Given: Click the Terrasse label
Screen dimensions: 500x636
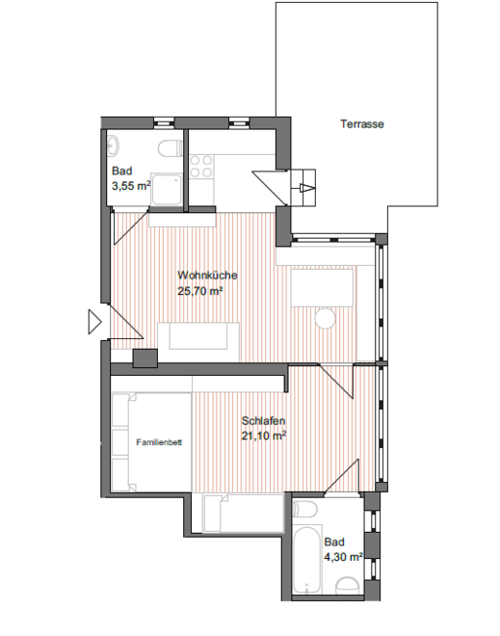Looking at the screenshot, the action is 361,123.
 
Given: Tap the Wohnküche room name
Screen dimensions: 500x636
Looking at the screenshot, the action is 207,275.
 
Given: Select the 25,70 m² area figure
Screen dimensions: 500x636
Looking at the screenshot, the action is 200,291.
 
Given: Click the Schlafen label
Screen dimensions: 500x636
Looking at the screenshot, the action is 263,420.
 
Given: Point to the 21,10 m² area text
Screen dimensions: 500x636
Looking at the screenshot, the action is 264,436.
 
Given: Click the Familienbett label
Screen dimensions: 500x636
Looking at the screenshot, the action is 159,442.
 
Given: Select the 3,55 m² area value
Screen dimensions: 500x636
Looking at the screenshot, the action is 131,186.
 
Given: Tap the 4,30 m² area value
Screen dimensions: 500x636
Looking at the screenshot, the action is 343,557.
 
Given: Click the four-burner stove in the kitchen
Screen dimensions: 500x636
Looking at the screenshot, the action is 201,167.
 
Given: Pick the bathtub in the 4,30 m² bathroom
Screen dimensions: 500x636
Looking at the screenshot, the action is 307,560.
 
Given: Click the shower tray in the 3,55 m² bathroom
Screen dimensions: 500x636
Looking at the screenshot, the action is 167,190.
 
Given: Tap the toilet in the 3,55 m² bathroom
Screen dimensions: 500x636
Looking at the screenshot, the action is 171,148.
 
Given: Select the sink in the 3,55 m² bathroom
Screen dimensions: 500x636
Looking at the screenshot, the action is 113,145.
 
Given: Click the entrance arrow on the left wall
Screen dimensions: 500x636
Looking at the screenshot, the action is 94,322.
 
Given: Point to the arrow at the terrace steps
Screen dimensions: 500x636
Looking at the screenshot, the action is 307,188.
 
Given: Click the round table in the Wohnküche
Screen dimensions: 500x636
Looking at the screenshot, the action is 325,319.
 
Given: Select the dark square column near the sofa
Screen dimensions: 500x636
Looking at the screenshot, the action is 145,358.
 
